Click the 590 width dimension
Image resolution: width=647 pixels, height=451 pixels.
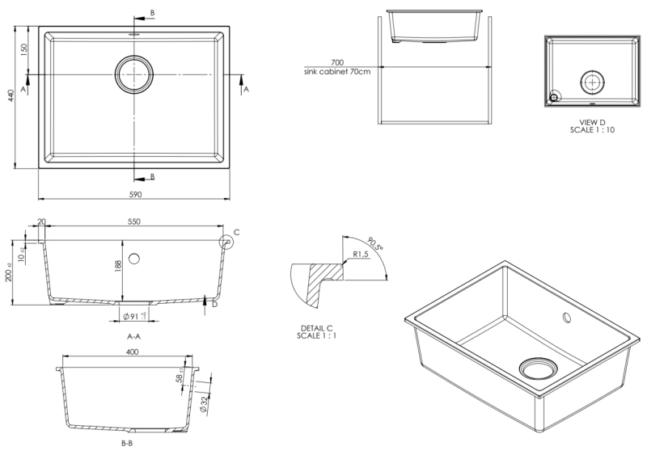(135, 195)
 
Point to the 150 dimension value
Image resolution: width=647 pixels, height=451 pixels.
(24, 49)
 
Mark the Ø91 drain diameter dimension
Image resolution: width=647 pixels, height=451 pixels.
(133, 316)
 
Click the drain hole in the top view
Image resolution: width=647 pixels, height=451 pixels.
(133, 74)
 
